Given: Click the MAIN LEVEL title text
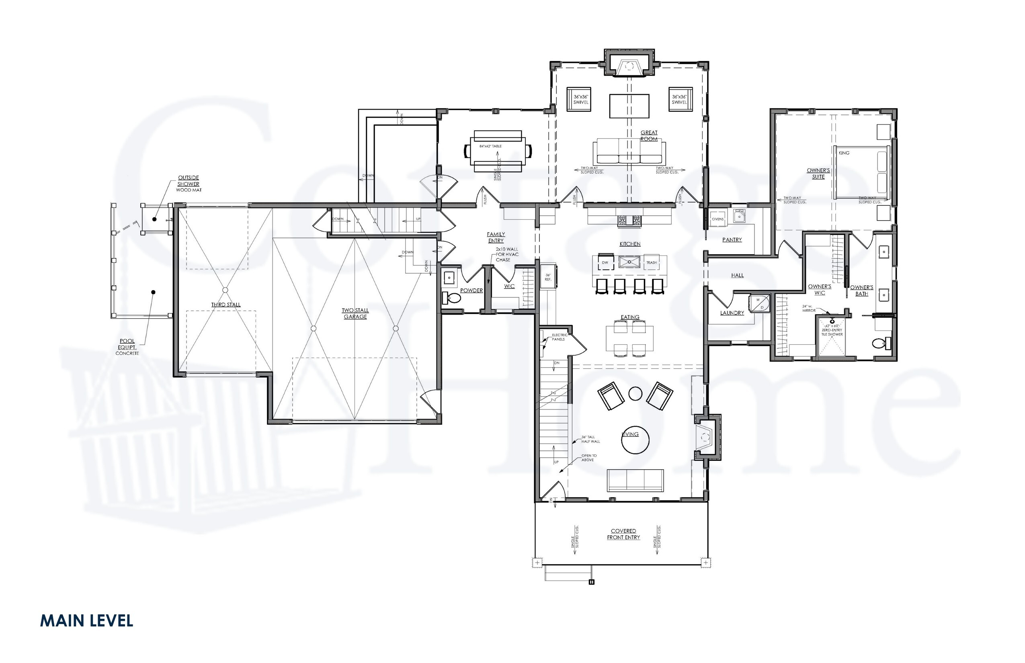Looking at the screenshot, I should [x=86, y=620].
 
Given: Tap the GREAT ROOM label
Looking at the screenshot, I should [x=649, y=136].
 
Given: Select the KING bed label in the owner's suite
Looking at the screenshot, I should [x=844, y=153].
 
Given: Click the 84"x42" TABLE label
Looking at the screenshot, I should [x=490, y=146].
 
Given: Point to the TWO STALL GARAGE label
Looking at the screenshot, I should [x=355, y=313].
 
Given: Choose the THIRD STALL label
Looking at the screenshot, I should [x=225, y=305].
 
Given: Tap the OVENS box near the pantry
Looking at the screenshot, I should [x=717, y=219].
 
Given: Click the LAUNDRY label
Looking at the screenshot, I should [x=732, y=313].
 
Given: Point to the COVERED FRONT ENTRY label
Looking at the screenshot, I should [x=623, y=534].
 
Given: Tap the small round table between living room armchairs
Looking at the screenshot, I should [x=635, y=393].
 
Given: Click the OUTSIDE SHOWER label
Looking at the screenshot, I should [x=189, y=181].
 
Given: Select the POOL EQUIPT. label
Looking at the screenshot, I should [x=127, y=344].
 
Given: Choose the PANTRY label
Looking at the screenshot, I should [x=732, y=240].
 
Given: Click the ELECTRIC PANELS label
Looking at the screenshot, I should [x=560, y=337].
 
